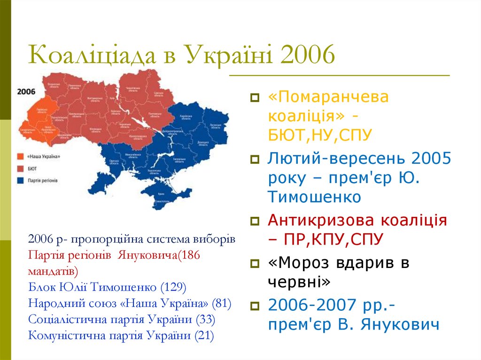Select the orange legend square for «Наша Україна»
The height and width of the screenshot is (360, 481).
21,156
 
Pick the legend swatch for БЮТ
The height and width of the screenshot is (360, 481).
21,168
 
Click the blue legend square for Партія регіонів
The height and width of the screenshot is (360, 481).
21,180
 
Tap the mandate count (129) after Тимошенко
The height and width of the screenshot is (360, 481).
173,287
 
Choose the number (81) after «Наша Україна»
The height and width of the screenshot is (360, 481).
221,303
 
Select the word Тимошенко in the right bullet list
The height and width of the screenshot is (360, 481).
314,197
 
